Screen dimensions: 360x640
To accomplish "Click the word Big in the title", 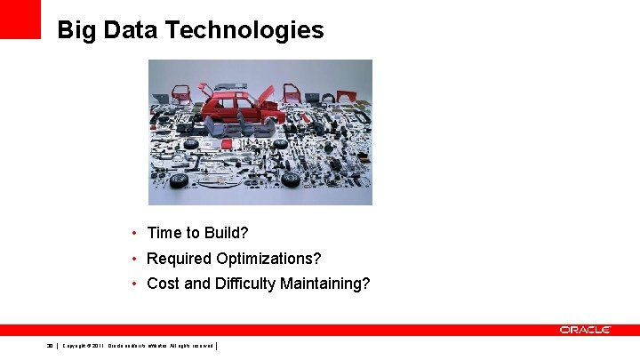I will (76, 31).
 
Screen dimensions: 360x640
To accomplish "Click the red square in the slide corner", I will (20, 19).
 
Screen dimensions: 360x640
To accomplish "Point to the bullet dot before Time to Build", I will (133, 233).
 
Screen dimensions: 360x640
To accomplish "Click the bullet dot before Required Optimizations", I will (133, 259).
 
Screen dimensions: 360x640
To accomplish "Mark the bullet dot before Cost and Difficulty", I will (133, 284).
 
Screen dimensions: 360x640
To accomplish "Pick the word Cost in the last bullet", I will (163, 284).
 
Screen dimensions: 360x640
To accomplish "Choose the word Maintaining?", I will (325, 284).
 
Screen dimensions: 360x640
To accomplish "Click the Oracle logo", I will (585, 330).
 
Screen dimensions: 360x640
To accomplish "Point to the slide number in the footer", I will (51, 346).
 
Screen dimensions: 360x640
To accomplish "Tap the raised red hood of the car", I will (267, 94).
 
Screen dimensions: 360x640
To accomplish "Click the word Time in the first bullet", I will (164, 233).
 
